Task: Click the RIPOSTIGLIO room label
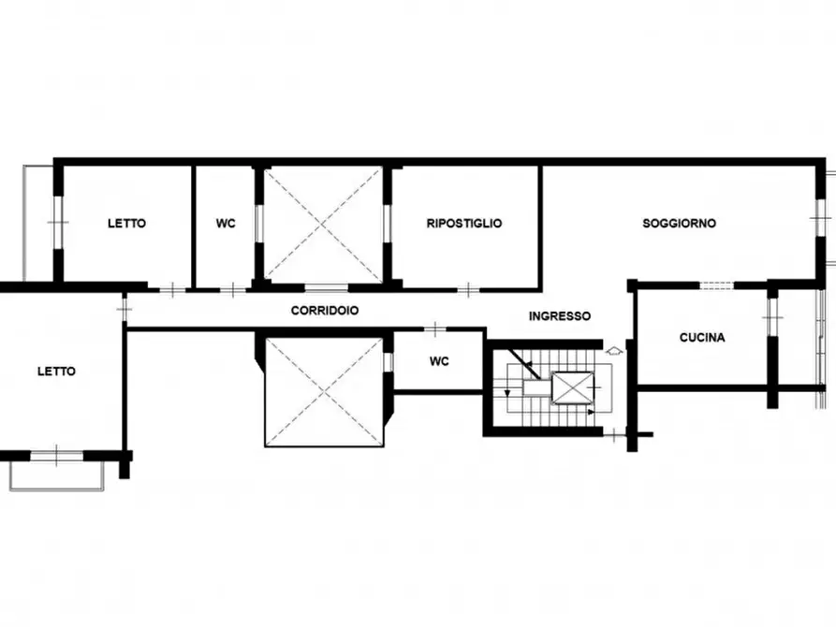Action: tap(464, 224)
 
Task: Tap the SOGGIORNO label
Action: tap(679, 224)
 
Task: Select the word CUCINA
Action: tap(702, 339)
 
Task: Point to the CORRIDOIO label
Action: tap(325, 310)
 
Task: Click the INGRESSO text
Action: tap(560, 316)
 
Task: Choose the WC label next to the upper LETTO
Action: tap(226, 224)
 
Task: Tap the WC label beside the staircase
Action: tap(439, 361)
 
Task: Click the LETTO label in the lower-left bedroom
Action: tap(56, 372)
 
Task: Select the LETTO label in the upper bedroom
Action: tap(126, 224)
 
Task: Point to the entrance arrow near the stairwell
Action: tap(614, 351)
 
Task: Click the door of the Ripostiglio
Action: tap(468, 288)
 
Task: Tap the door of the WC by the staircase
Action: tap(436, 328)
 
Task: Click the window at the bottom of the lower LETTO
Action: tap(57, 456)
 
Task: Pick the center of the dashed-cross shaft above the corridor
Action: tap(324, 224)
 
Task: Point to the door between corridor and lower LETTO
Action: tap(124, 308)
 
